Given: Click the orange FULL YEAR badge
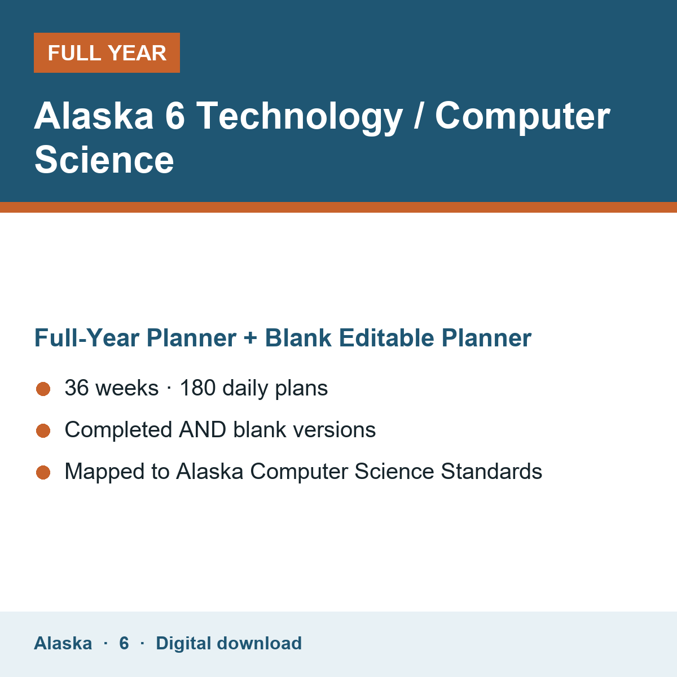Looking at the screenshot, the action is click(x=107, y=52).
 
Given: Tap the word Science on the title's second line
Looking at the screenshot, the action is click(x=104, y=160).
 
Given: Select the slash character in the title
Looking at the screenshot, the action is click(x=418, y=116).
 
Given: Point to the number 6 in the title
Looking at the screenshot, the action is click(x=175, y=116).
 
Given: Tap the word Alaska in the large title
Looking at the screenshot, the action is click(x=94, y=116).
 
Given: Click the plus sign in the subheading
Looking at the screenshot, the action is click(x=250, y=338).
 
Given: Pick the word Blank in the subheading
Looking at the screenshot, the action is click(x=298, y=338).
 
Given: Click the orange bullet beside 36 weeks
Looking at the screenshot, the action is click(x=43, y=389).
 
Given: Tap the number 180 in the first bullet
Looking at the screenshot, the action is click(x=198, y=388).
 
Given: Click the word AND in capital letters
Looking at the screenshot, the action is click(x=203, y=430).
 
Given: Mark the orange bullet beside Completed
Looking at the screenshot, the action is click(x=43, y=430).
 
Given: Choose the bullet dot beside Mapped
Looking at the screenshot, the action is click(x=43, y=472).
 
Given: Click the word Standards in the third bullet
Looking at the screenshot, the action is click(x=491, y=471).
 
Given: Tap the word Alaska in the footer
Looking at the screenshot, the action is click(x=63, y=643).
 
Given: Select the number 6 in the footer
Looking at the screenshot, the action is click(x=124, y=643).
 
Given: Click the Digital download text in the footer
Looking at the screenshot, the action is click(x=228, y=643).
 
